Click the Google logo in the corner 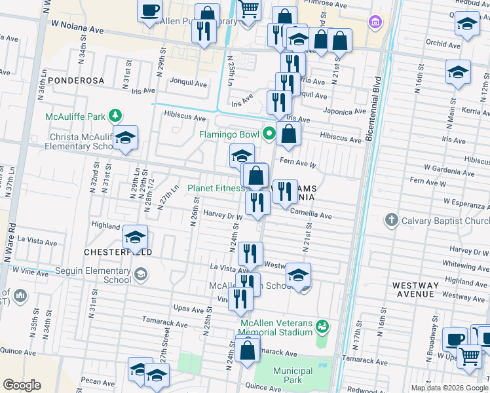(22, 385)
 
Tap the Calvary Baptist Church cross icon (391, 219)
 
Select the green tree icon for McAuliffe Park (115, 116)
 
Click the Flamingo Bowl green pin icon (269, 136)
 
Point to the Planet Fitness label (216, 189)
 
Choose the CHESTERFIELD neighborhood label (118, 252)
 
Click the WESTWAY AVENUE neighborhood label (415, 290)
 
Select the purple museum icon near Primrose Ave (375, 22)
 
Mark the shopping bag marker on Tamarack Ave (248, 350)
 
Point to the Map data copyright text (449, 388)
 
